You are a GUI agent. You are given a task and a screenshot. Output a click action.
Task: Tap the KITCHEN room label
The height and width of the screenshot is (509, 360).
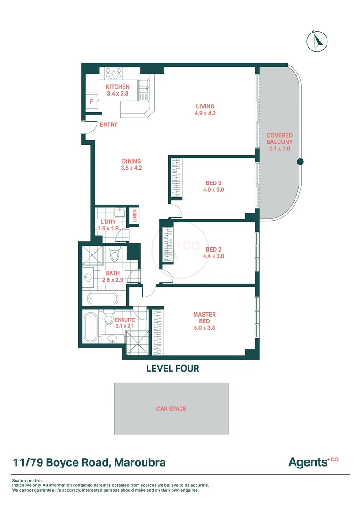(x=117, y=87)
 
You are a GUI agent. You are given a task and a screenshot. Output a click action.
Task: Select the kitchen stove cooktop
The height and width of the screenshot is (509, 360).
(x=114, y=73)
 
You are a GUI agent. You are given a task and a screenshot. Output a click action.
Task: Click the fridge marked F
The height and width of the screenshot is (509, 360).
(x=91, y=101)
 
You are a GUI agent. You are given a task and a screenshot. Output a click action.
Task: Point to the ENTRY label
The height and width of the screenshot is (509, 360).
(x=109, y=125)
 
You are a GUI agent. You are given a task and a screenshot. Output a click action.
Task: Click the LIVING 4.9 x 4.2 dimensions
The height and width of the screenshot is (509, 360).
(x=205, y=113)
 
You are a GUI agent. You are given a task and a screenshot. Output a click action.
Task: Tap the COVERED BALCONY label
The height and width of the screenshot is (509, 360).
(x=279, y=138)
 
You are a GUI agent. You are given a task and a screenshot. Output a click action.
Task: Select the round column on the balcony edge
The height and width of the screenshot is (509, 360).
(x=300, y=162)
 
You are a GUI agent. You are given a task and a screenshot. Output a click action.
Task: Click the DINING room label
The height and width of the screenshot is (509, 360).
(x=131, y=161)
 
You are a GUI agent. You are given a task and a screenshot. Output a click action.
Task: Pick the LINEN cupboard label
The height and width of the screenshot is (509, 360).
(x=134, y=216)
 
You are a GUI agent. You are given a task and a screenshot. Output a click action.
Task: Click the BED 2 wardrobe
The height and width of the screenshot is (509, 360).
(x=167, y=245)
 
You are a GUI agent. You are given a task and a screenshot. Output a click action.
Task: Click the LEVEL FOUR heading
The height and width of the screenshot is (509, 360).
(x=172, y=369)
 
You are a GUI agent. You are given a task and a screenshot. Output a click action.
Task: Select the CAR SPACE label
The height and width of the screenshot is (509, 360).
(x=171, y=409)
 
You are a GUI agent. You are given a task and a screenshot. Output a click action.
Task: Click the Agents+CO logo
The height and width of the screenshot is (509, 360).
(x=313, y=462)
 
